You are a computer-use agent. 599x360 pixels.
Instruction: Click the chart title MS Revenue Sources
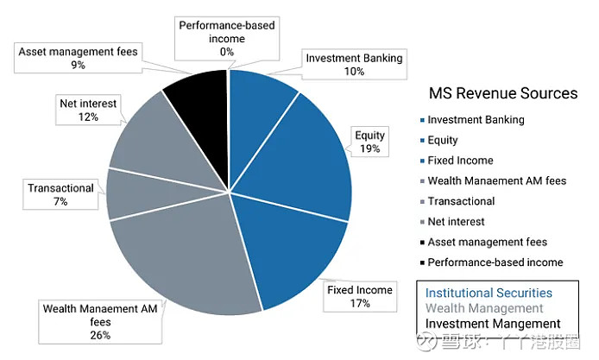503,93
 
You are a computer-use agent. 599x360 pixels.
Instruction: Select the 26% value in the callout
100,335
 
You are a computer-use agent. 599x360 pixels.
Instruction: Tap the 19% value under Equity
369,148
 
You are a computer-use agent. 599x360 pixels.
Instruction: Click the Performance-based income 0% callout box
227,39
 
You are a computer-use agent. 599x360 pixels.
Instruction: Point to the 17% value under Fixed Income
360,303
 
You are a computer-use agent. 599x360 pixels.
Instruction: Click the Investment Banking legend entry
472,120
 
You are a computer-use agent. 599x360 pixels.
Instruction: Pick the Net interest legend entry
452,222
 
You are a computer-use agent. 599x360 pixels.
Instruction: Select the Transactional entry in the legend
457,201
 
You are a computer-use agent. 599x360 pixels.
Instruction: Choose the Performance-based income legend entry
491,262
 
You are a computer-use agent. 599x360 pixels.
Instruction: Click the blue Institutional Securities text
489,294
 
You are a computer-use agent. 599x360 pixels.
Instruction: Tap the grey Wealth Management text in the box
484,308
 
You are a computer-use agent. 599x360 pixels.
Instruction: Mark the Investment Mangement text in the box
493,324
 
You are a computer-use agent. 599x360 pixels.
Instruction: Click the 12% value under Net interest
88,117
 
